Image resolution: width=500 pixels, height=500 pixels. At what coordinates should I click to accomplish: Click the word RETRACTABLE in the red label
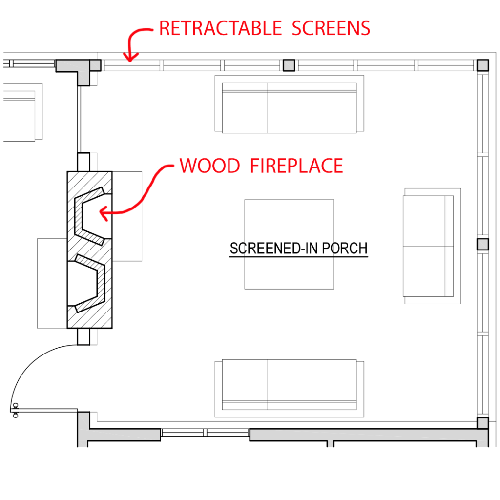221,28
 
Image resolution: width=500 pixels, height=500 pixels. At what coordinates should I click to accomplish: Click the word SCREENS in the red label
331,28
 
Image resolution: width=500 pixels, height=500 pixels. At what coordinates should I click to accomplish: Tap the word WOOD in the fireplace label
209,166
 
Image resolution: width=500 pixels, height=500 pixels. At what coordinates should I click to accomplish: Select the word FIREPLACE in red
297,166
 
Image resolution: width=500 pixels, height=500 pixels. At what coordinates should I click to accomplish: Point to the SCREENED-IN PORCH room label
298,249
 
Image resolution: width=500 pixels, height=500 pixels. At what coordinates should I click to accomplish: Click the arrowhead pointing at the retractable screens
129,60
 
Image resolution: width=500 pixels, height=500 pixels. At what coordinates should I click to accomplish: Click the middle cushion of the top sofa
289,107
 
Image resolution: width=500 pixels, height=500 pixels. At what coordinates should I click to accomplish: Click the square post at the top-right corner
483,65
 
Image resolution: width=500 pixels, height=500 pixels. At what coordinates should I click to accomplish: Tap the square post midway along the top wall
289,65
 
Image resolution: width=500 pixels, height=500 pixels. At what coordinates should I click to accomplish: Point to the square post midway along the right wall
483,244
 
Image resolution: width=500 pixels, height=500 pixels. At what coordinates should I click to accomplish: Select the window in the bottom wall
205,433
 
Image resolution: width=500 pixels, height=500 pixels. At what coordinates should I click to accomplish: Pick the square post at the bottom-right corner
483,423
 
